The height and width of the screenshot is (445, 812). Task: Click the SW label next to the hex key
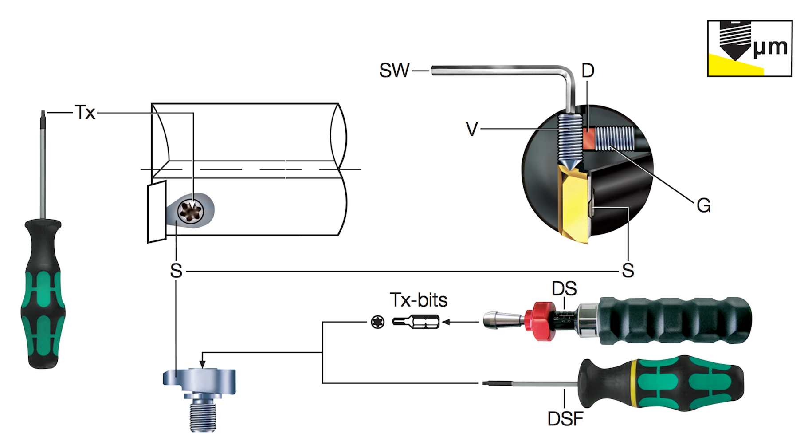(394, 71)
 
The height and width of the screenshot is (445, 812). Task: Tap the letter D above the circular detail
(588, 71)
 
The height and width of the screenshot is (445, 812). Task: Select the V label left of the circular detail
(472, 129)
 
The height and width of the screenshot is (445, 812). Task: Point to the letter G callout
(703, 205)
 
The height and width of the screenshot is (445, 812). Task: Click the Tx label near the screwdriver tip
(85, 113)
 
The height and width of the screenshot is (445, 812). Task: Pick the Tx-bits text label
(419, 300)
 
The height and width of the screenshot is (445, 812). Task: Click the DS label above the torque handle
(564, 289)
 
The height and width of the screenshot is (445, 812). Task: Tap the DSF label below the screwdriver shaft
(565, 419)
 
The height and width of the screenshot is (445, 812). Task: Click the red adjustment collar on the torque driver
(539, 321)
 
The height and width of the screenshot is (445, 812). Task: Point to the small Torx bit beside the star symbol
(416, 322)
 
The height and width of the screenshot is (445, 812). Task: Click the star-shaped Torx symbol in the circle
(377, 322)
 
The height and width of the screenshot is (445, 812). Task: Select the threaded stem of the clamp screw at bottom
(203, 415)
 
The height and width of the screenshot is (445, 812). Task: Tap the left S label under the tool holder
(176, 271)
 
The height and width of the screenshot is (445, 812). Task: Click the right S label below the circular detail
(628, 270)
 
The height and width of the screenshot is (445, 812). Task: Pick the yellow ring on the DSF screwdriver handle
(635, 383)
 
